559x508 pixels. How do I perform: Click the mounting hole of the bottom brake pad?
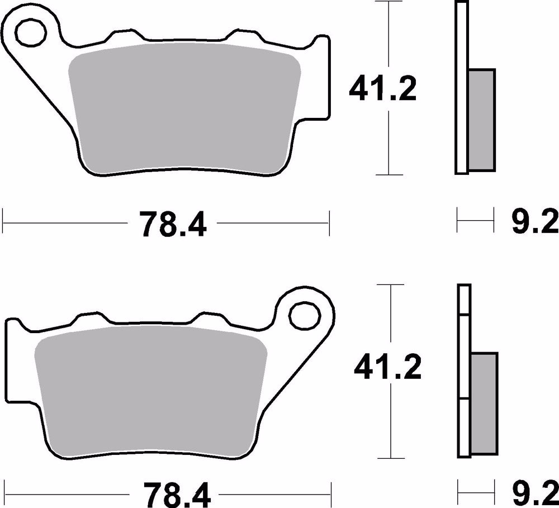(x=305, y=311)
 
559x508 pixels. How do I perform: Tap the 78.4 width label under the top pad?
(x=166, y=225)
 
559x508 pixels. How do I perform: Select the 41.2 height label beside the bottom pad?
(x=387, y=367)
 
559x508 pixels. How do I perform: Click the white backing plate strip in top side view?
(x=461, y=87)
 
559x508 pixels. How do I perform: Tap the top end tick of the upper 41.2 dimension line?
(x=389, y=2)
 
